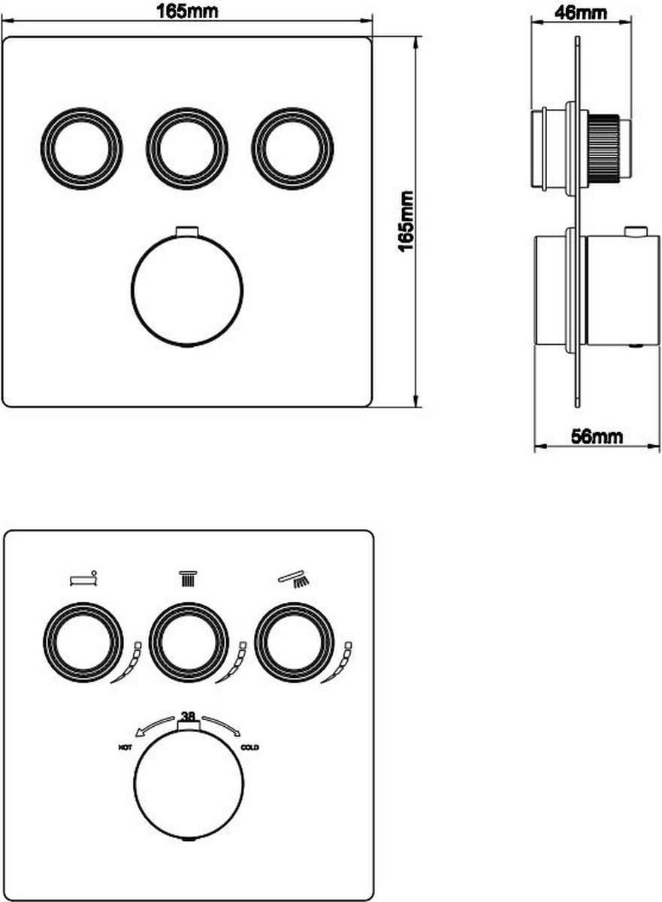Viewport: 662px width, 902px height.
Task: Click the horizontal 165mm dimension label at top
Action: (x=187, y=12)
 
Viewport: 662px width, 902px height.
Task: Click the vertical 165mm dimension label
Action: (x=407, y=222)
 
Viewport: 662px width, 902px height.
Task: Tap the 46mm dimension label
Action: (x=581, y=14)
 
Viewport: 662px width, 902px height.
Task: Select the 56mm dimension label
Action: (x=597, y=437)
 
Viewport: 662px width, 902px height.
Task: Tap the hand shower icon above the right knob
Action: (x=293, y=579)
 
